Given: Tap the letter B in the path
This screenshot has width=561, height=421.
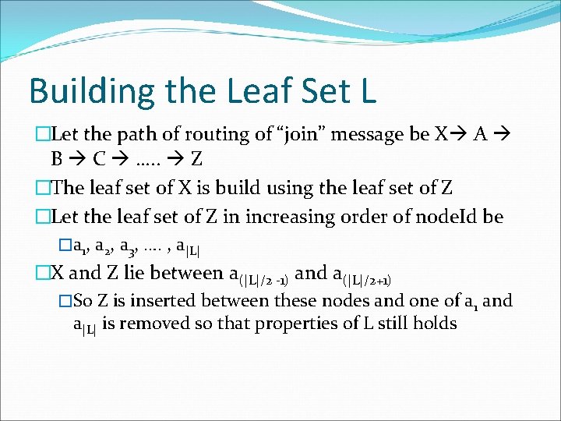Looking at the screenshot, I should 57,160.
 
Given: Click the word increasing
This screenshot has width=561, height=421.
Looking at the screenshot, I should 277,216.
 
